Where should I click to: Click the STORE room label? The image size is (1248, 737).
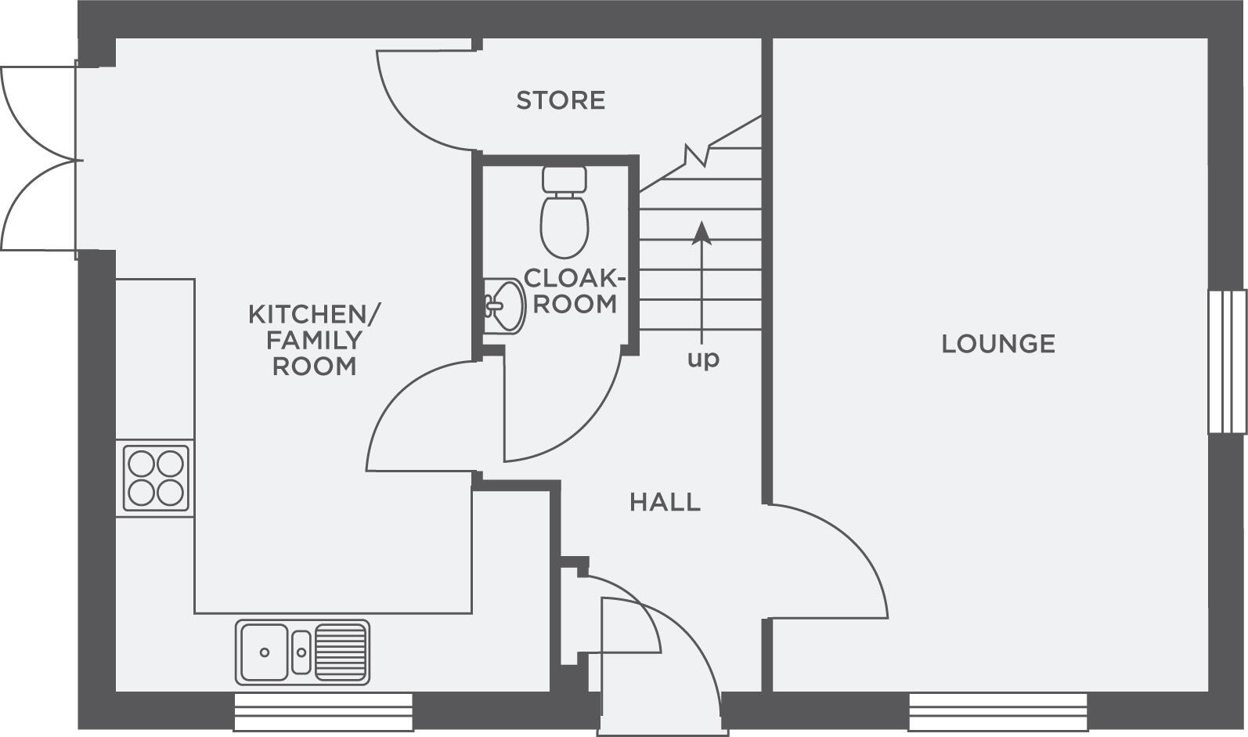[561, 100]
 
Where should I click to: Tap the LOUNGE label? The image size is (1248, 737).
[998, 344]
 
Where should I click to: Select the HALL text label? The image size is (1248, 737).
[665, 502]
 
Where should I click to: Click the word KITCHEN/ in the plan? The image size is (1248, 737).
[314, 315]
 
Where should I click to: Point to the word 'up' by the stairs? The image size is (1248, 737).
[703, 359]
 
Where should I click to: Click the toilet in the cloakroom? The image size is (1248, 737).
[564, 211]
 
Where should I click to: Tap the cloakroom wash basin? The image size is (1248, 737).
[504, 306]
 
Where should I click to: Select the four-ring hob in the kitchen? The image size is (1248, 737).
[156, 478]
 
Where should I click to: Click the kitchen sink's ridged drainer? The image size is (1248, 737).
[341, 652]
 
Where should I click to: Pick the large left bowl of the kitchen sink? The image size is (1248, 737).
[265, 652]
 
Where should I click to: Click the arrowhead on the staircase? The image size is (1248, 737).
[702, 233]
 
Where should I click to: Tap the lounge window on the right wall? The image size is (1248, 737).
[1228, 362]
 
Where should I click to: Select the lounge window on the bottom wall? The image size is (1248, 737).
[997, 712]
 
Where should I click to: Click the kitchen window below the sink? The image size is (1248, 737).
[323, 712]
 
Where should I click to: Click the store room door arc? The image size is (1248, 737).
[426, 101]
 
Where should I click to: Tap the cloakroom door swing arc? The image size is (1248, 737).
[563, 407]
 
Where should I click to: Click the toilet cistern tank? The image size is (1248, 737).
[564, 179]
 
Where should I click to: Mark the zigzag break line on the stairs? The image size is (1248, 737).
[698, 155]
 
